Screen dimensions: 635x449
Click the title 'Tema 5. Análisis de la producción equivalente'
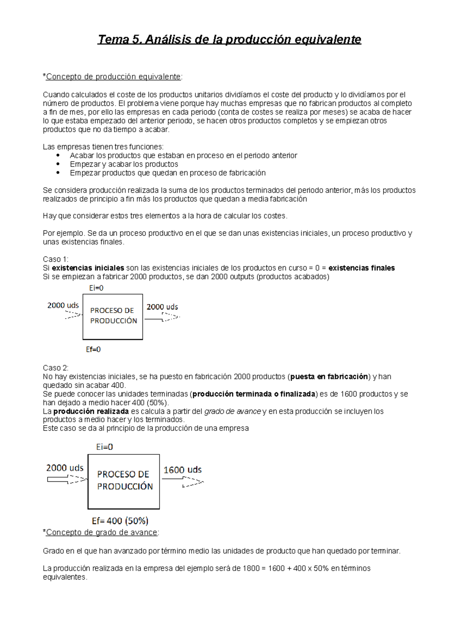pos(229,40)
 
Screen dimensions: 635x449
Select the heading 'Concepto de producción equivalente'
pos(113,77)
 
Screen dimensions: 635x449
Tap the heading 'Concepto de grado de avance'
pos(101,533)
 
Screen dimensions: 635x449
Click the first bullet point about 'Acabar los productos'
pos(183,156)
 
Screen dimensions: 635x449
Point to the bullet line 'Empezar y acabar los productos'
pos(124,164)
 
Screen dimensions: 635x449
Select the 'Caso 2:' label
pos(56,368)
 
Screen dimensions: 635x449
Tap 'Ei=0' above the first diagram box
pos(96,288)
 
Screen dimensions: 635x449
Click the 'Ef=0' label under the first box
pos(93,349)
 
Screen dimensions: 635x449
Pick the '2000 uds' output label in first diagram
pos(162,307)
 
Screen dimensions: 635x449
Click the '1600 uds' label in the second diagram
pos(183,470)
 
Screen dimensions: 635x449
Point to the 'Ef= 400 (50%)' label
pos(120,521)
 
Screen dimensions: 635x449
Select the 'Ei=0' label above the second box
pos(104,447)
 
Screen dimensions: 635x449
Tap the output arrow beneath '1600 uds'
pos(183,482)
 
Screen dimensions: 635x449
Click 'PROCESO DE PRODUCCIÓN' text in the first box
pos(113,316)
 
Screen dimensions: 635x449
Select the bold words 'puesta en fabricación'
pos(329,377)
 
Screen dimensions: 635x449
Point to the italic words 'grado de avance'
pos(232,411)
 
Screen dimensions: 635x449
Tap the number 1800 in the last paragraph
pos(251,568)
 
